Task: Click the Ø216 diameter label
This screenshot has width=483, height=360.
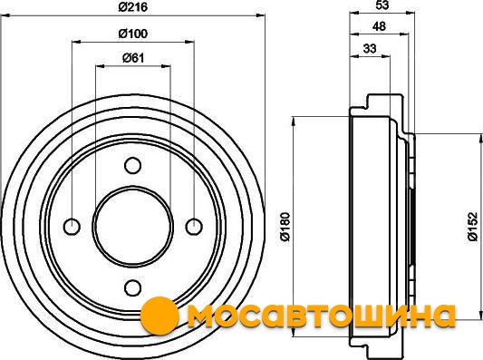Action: click(x=133, y=6)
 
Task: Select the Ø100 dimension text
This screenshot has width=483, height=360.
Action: click(x=133, y=34)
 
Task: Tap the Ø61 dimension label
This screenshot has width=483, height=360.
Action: click(x=133, y=58)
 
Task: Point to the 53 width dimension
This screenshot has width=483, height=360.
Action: click(x=382, y=5)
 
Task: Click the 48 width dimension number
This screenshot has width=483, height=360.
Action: click(x=379, y=26)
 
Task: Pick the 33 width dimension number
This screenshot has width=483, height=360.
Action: click(x=370, y=48)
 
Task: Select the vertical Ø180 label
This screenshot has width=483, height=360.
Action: click(x=285, y=227)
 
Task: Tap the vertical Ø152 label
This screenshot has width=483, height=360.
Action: click(x=472, y=227)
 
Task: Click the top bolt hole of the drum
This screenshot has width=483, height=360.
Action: click(x=133, y=166)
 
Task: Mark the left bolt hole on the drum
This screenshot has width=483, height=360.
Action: click(x=72, y=227)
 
